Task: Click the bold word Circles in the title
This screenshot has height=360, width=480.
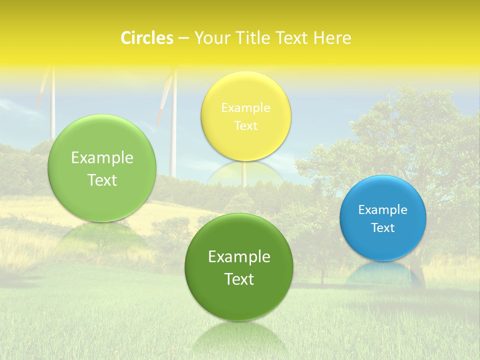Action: coord(147,38)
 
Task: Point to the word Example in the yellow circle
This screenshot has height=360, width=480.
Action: coord(245,108)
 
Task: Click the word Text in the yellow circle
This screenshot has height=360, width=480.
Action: coord(245,126)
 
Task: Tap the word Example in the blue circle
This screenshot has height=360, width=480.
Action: coord(383,210)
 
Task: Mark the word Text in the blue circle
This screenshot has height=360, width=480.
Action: coord(383,228)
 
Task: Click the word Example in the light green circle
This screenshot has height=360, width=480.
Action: coord(102,158)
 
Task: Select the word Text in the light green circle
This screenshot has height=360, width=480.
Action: coord(102,180)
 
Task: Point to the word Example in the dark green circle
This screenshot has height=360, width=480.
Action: coord(239,257)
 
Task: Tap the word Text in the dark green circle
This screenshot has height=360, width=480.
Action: coord(239,279)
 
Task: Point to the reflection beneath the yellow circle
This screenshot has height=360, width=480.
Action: coord(245,172)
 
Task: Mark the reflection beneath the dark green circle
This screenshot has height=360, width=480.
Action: coord(238,335)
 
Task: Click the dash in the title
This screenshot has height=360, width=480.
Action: coord(183,38)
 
